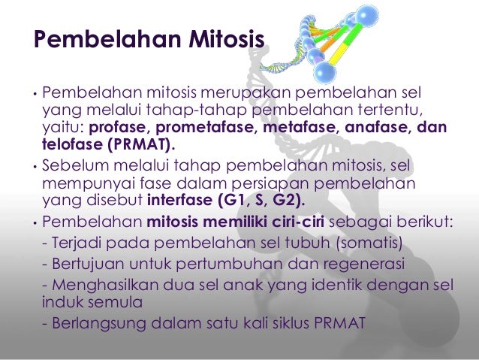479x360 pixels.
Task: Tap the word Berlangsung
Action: tap(97, 325)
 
